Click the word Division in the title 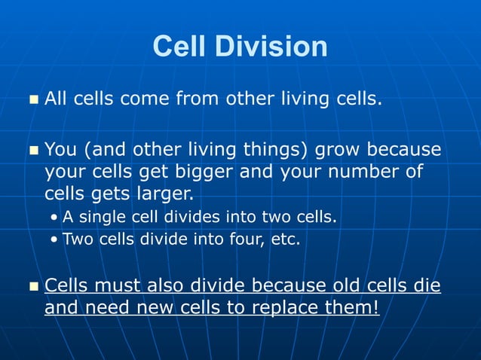tap(271, 47)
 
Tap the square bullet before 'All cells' tap(32, 99)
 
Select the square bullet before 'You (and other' tap(32, 151)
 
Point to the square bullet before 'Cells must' tap(32, 287)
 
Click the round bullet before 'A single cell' tap(54, 218)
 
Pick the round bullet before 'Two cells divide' tap(54, 241)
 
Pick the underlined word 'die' tap(427, 286)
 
